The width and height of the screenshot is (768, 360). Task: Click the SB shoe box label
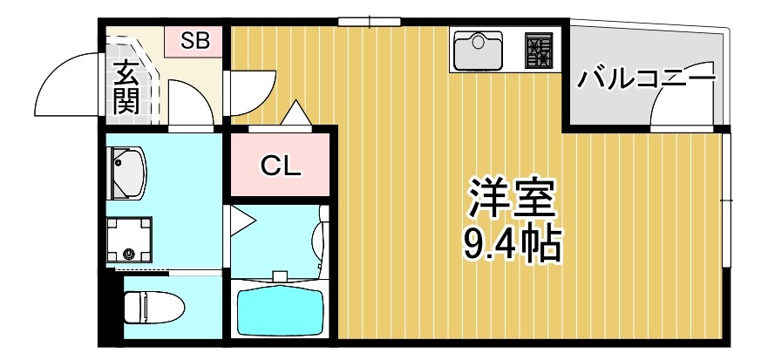tap(195, 40)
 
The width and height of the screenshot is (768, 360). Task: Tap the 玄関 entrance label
tap(126, 87)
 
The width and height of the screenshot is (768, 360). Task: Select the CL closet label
tap(281, 166)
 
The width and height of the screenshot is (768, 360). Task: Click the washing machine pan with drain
tap(128, 238)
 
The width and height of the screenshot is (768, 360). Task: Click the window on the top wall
tap(369, 22)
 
